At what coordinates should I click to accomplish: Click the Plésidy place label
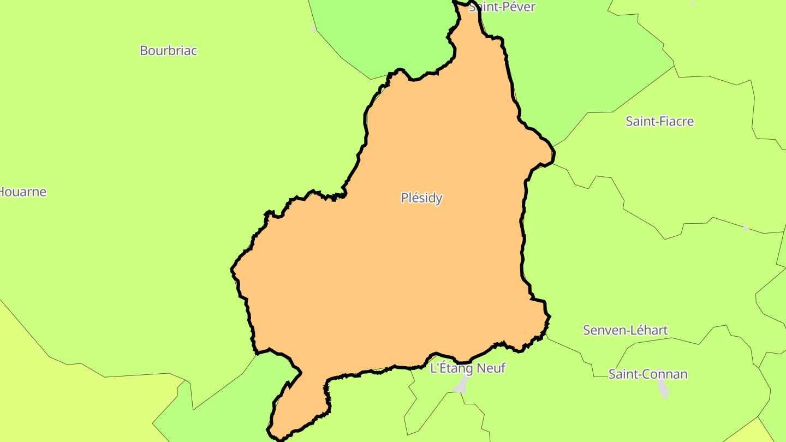421,198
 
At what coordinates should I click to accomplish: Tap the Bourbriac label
168,51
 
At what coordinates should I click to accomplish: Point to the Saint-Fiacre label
659,121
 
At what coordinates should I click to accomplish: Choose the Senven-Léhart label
625,330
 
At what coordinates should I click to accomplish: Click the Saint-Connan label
648,374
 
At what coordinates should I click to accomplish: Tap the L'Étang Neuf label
468,368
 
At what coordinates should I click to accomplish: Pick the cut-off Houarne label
23,192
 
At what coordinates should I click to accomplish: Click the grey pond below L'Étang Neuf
462,385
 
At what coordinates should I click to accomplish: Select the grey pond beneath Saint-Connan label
663,388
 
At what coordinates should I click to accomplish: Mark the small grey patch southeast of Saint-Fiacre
746,228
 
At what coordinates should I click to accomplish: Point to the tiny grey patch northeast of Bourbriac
314,29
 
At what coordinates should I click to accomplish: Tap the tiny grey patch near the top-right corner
693,4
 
